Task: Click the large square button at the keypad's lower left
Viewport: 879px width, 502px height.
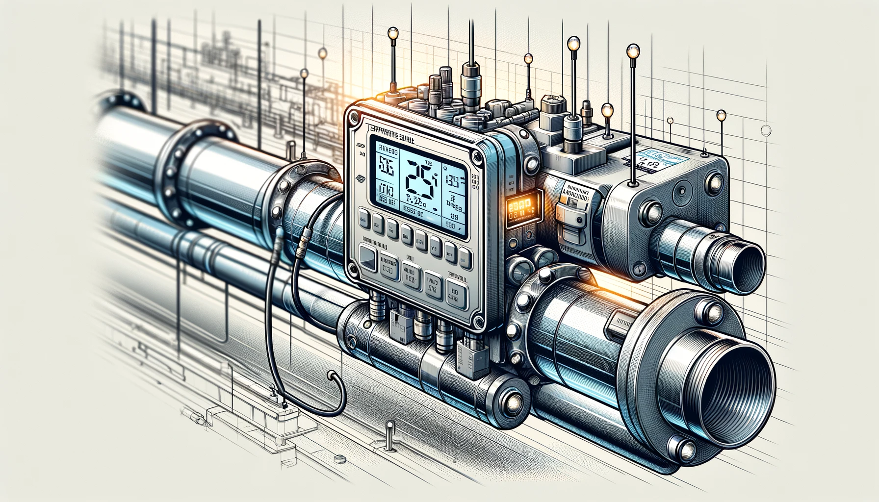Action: pos(367,256)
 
